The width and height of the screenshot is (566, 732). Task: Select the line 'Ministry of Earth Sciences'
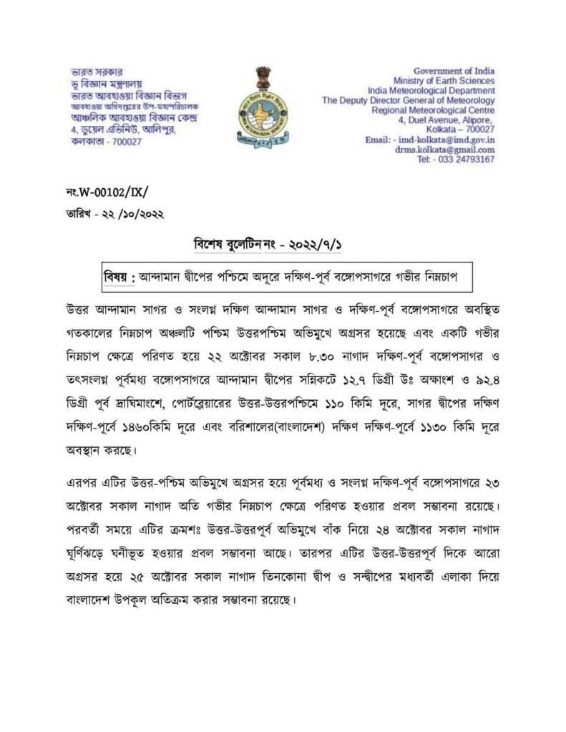pyautogui.click(x=444, y=81)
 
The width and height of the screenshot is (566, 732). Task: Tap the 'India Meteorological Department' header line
pyautogui.click(x=431, y=91)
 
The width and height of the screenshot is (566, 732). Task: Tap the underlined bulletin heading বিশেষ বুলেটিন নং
pyautogui.click(x=230, y=245)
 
